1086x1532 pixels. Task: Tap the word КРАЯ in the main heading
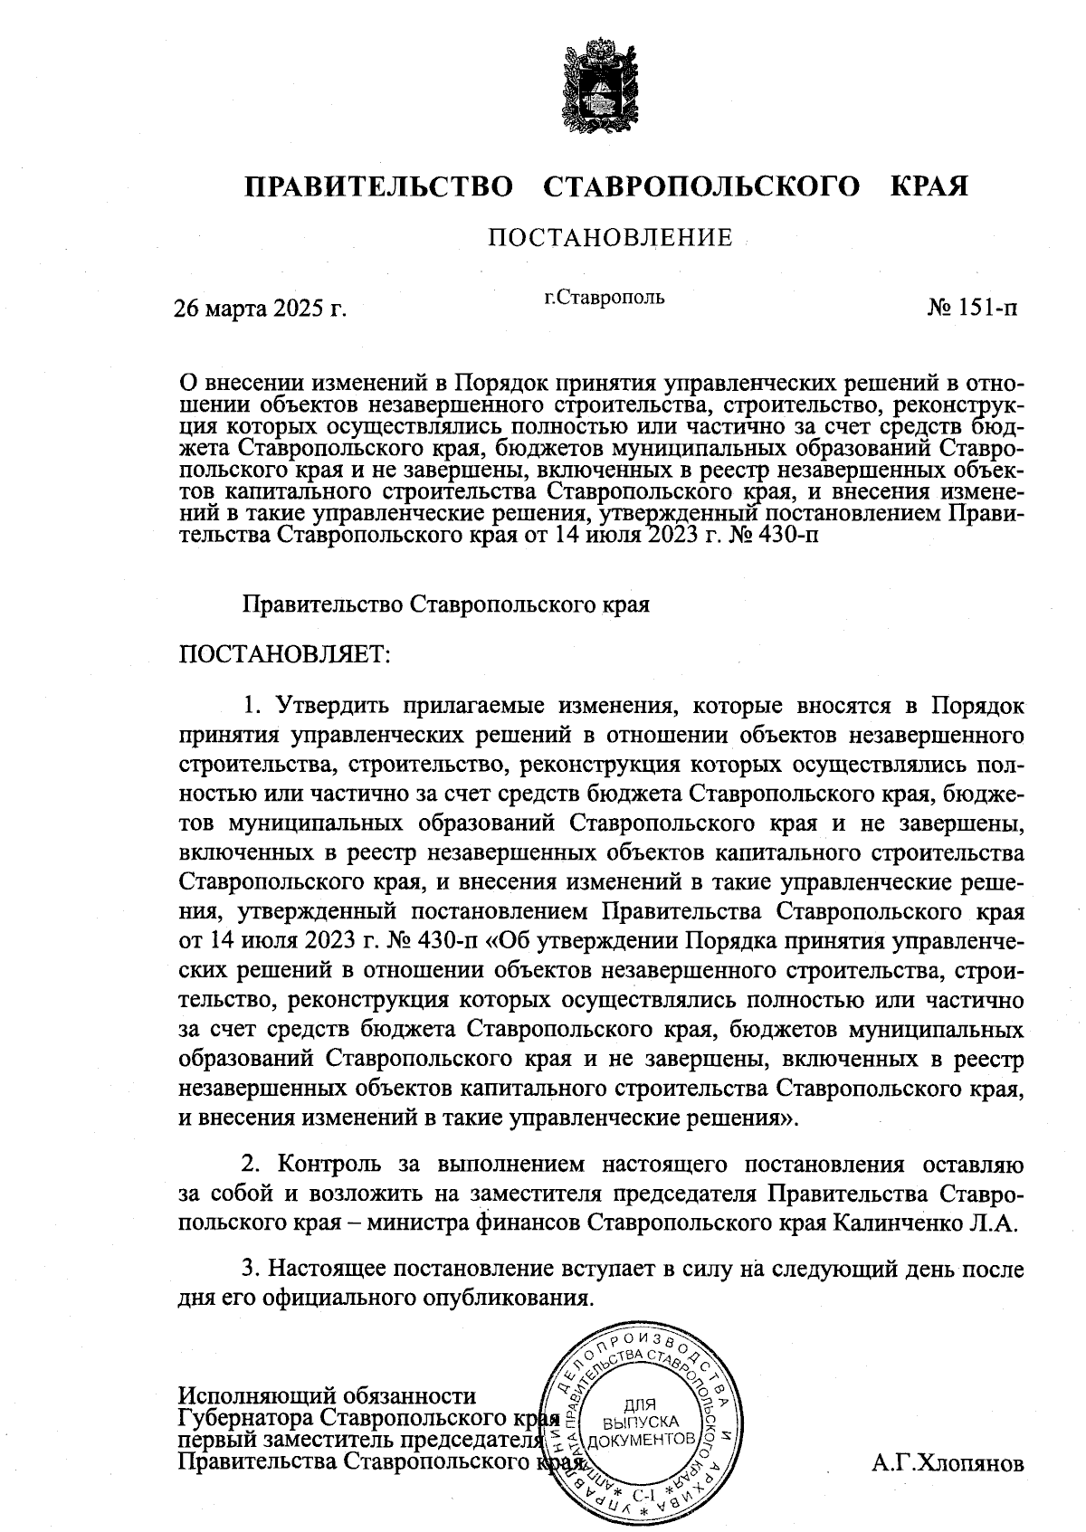pos(929,186)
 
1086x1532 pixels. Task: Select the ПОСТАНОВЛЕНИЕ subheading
pos(611,238)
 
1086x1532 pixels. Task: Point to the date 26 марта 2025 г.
pos(261,309)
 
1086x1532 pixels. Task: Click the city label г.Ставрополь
pos(605,297)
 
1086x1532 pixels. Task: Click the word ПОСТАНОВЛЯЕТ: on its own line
pos(285,653)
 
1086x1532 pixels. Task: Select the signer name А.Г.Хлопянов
pos(948,1463)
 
